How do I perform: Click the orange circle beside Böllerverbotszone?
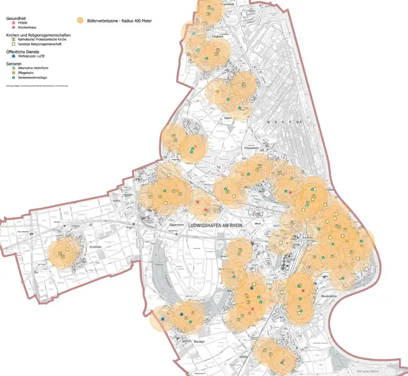[x=80, y=20]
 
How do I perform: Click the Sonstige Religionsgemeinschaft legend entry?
[x=38, y=43]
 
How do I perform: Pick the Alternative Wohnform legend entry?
[x=33, y=68]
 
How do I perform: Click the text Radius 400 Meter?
[x=140, y=20]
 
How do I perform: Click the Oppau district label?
[x=228, y=117]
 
